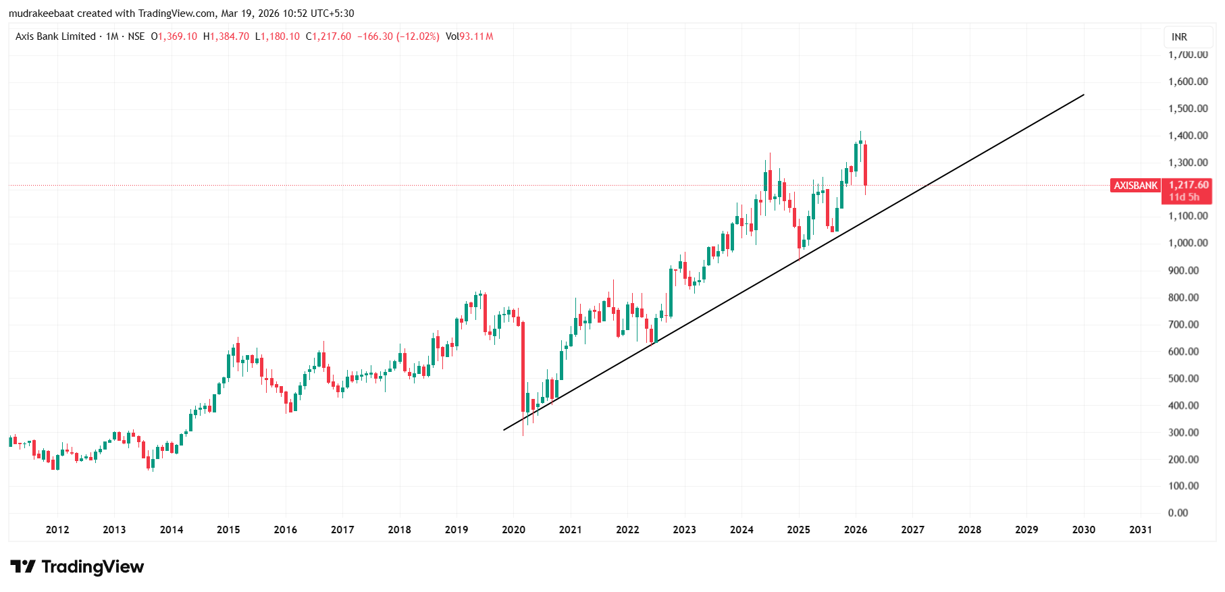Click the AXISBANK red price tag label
click(x=1135, y=186)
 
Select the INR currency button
click(x=1179, y=37)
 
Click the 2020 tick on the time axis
click(x=513, y=530)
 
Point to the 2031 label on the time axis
click(x=1141, y=530)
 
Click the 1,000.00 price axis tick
click(x=1188, y=243)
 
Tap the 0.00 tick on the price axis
click(x=1178, y=513)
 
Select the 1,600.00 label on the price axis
click(x=1188, y=82)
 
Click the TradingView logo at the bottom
click(x=77, y=567)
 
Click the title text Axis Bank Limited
click(x=55, y=36)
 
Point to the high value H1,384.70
click(x=226, y=36)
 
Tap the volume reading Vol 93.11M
click(x=469, y=36)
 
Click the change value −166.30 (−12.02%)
click(x=398, y=36)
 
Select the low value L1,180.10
click(x=278, y=36)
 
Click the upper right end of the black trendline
click(x=1083, y=95)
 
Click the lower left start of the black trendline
click(x=504, y=429)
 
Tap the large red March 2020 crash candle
click(x=523, y=368)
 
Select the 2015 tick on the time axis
click(x=228, y=530)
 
